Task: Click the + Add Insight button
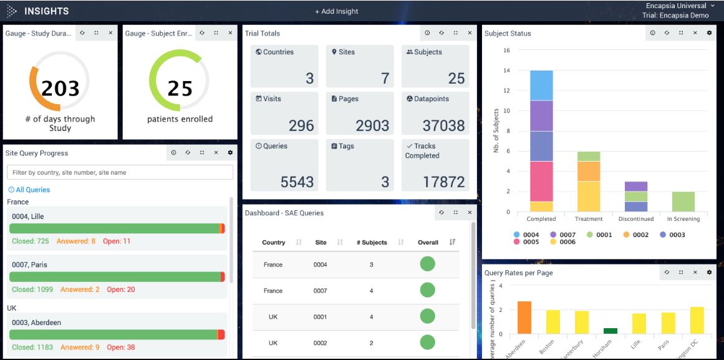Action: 337,11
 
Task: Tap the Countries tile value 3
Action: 309,79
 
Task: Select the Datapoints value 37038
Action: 443,125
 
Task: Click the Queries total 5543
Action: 297,182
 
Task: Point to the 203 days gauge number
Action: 60,89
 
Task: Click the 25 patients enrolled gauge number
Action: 180,89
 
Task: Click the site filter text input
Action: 120,172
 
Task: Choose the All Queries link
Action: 29,190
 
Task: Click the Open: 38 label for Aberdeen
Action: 121,347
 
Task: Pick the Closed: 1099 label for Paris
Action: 32,289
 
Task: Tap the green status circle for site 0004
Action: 427,264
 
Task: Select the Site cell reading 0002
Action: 321,343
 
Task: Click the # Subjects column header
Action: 372,242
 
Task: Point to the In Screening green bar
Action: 683,202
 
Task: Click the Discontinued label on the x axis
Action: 636,219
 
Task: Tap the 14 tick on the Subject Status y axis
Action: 507,71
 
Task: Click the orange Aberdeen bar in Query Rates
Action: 524,318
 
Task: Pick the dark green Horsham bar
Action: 611,331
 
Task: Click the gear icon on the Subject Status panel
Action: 709,33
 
